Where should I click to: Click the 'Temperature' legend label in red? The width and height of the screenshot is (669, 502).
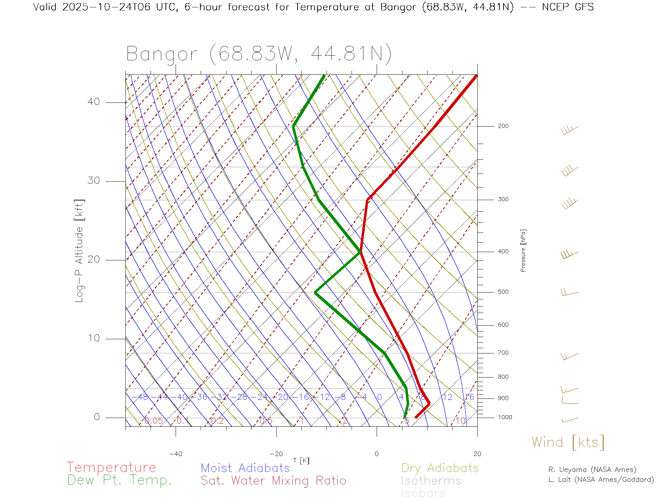click(x=111, y=467)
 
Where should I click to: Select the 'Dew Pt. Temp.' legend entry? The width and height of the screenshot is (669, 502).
click(x=120, y=480)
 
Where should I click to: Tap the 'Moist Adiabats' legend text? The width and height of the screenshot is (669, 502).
click(x=245, y=468)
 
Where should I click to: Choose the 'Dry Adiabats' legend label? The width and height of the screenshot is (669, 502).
click(x=440, y=468)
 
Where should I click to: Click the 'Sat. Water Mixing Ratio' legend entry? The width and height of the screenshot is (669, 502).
click(x=273, y=480)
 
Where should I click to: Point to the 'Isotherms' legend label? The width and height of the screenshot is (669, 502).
click(x=431, y=481)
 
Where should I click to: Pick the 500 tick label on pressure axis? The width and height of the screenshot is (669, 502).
click(x=503, y=292)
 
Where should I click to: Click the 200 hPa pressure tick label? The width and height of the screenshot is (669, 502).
click(x=503, y=126)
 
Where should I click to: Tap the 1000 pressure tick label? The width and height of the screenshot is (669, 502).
click(x=505, y=417)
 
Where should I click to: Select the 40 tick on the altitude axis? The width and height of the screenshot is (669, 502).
click(x=93, y=102)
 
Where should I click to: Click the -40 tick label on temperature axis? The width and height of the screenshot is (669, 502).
click(x=176, y=454)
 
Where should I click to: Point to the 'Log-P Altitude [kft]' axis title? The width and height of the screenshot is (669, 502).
click(x=79, y=251)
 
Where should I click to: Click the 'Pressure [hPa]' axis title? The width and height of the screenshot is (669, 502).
click(x=523, y=250)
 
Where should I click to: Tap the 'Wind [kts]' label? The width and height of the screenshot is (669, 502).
click(x=568, y=442)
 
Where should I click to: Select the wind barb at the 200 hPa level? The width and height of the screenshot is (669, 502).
click(x=569, y=130)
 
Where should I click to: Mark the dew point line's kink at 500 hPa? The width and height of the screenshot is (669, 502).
click(x=315, y=292)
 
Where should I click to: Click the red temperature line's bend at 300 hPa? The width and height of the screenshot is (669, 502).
click(x=368, y=200)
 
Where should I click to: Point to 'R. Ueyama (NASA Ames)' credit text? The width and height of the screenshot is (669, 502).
click(x=592, y=470)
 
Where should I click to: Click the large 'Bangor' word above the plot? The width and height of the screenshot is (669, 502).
click(x=162, y=54)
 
